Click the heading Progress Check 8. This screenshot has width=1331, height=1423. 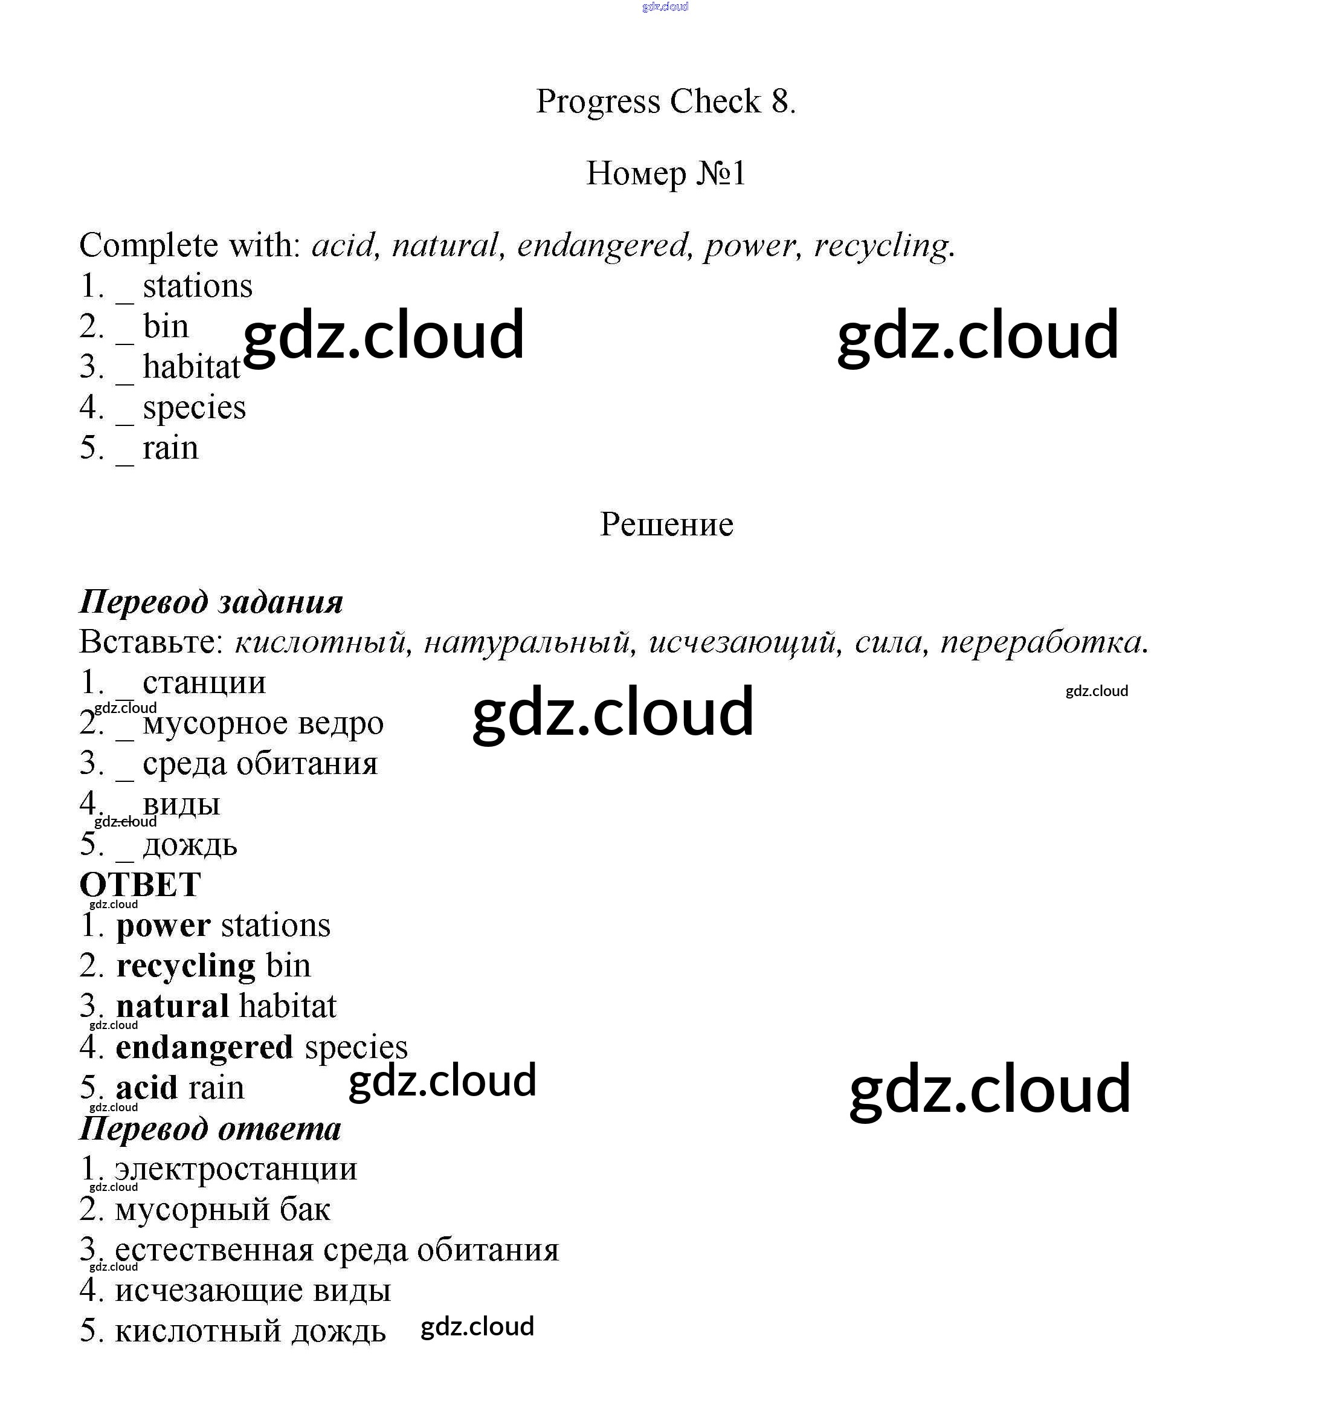click(x=666, y=102)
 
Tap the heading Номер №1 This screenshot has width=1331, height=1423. click(x=666, y=173)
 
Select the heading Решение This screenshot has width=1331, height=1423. click(x=666, y=524)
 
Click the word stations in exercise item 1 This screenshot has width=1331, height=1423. click(x=198, y=287)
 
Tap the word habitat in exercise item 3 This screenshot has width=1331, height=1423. click(x=191, y=368)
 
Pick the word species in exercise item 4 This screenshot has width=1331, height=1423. click(x=194, y=408)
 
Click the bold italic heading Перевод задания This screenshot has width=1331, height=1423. click(x=211, y=602)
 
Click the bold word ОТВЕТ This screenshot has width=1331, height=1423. click(x=140, y=885)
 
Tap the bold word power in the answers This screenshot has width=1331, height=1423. click(x=163, y=926)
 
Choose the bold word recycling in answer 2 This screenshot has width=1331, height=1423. click(x=185, y=966)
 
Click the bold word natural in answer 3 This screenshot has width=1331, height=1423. click(x=172, y=1007)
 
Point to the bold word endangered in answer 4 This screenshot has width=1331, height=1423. click(x=204, y=1047)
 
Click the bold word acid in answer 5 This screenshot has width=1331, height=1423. click(x=146, y=1088)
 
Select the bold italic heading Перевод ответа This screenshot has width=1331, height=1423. click(x=210, y=1129)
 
